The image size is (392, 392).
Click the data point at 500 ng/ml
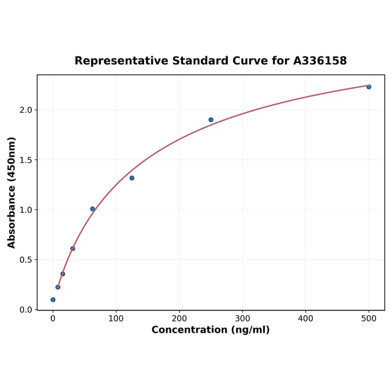point(368,87)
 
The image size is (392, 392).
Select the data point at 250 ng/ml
point(211,120)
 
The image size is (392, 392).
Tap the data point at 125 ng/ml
point(132,178)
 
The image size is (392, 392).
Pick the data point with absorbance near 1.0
point(92,209)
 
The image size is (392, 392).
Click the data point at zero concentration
point(53,300)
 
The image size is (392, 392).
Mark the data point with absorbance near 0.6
point(73,248)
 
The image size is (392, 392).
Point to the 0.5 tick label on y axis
point(25,260)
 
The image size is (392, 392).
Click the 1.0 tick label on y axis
point(25,210)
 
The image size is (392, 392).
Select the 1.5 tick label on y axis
point(25,160)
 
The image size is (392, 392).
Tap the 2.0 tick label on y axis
point(25,110)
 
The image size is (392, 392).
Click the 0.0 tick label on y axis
point(25,309)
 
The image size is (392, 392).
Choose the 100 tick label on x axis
point(116,319)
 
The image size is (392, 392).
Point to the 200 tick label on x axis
point(179,319)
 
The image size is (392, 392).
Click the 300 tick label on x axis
point(242,319)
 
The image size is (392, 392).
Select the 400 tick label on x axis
point(305,319)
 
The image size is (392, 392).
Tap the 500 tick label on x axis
point(368,319)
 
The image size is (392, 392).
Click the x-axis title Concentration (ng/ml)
point(210,330)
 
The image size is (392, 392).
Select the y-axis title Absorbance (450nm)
point(11,192)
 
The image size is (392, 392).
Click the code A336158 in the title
point(320,61)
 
